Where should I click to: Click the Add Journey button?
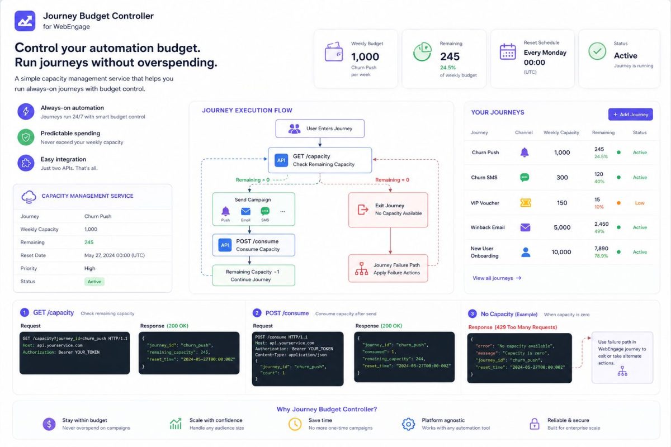click(x=630, y=115)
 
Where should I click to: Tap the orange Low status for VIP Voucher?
click(x=640, y=203)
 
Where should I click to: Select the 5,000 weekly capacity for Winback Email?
click(x=562, y=227)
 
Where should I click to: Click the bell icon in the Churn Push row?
click(x=524, y=153)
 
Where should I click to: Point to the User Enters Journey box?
click(x=320, y=129)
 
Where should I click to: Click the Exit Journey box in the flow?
click(x=388, y=210)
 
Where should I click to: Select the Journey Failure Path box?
click(x=388, y=268)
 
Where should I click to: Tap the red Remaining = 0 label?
click(x=392, y=180)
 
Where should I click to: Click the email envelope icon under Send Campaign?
click(x=245, y=211)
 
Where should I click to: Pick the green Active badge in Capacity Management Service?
click(x=94, y=282)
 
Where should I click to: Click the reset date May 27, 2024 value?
click(x=115, y=255)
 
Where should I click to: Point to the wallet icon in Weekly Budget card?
click(x=334, y=52)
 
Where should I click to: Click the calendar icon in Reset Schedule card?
click(x=508, y=51)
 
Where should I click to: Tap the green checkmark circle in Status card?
click(x=597, y=51)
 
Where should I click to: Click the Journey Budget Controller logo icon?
click(x=25, y=21)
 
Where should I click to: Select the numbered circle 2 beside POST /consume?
click(x=257, y=313)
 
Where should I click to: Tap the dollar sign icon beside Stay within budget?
click(x=49, y=424)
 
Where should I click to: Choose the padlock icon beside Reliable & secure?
click(x=535, y=424)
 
